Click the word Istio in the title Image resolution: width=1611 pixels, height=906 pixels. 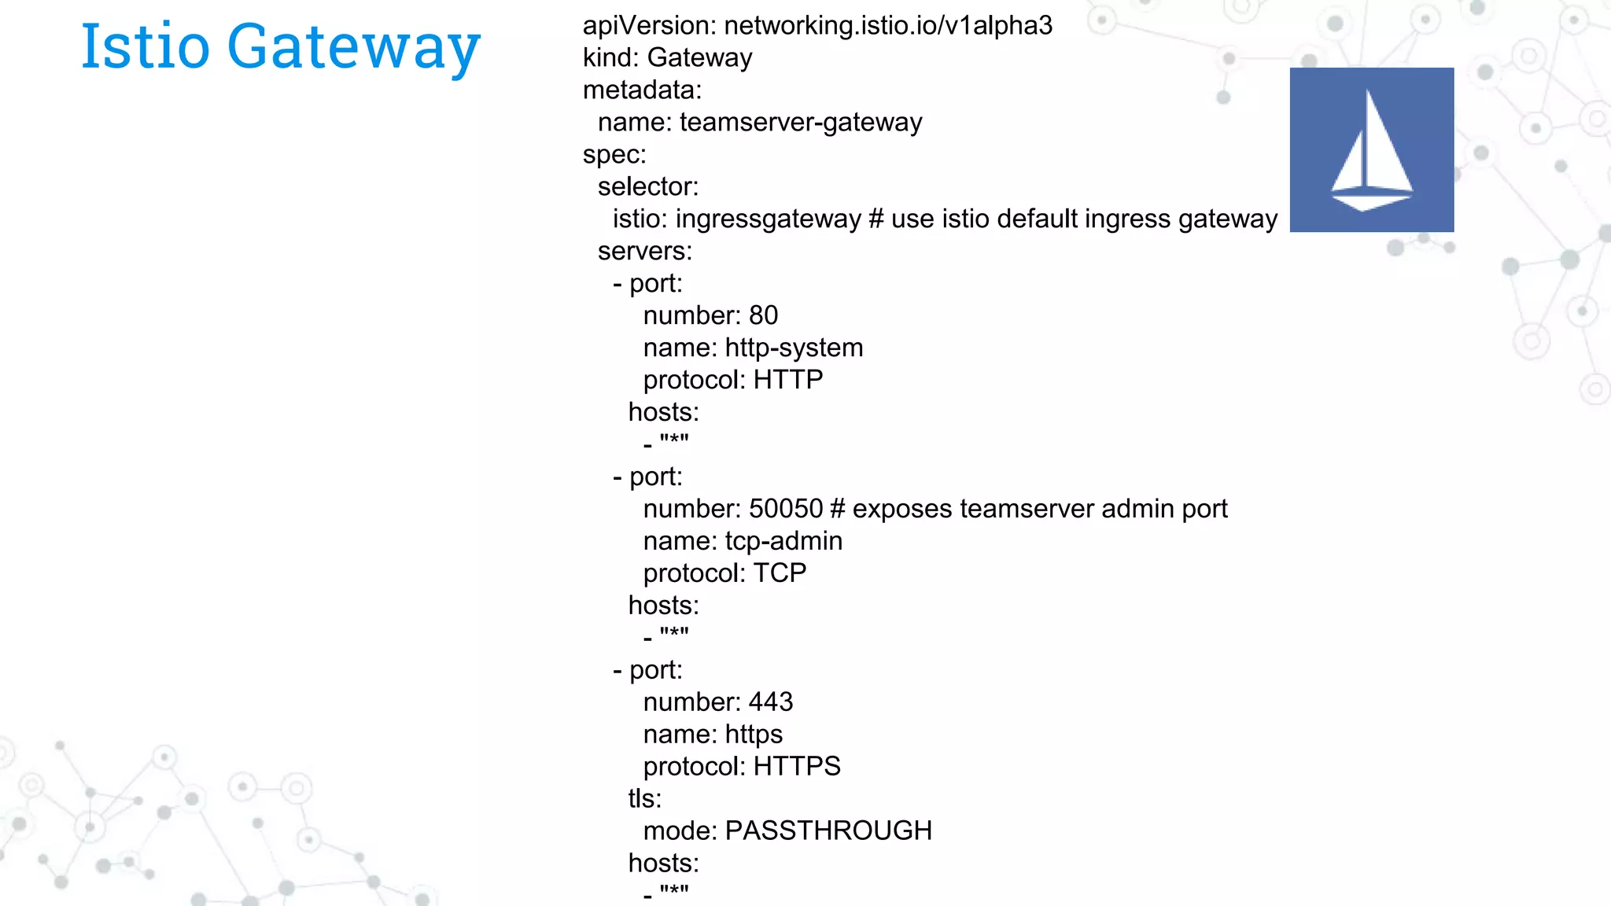coord(146,47)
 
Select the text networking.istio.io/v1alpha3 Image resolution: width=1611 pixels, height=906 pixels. coord(887,26)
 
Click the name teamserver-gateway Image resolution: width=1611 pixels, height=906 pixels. coord(800,123)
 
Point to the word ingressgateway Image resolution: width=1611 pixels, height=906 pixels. coord(768,219)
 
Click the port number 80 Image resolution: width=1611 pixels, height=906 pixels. coord(762,316)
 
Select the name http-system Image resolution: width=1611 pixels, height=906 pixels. coord(794,348)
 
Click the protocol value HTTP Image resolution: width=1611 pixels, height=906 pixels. coord(787,381)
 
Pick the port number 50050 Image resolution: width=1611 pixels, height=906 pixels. coord(785,510)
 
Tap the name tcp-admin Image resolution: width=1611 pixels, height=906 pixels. coord(783,542)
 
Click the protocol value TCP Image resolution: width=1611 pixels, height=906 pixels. coord(780,574)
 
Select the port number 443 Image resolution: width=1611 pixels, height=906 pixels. coord(770,702)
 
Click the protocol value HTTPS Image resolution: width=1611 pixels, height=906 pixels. coord(796,767)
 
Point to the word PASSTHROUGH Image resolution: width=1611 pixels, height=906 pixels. coord(828,831)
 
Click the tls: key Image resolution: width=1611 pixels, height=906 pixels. coord(644,799)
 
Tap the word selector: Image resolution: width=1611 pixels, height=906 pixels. coord(647,187)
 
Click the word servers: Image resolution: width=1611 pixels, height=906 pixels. coord(644,252)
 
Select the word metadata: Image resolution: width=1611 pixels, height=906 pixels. coord(641,90)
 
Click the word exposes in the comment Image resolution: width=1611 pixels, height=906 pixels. coord(901,510)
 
